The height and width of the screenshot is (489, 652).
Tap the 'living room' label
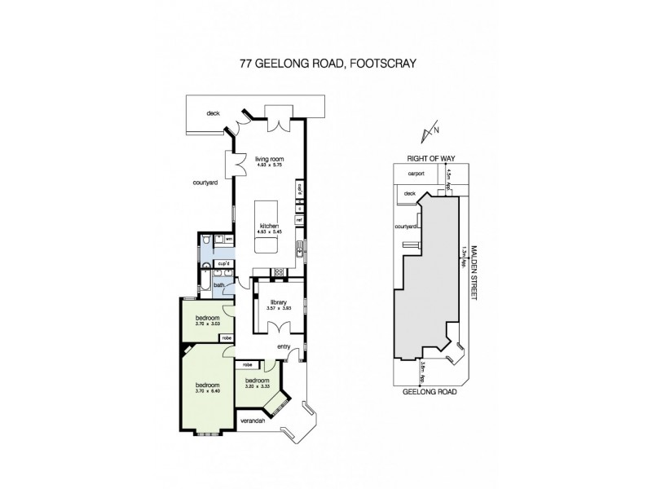(267, 159)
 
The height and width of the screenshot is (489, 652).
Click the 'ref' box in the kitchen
(299, 220)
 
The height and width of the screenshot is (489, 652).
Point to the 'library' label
(278, 302)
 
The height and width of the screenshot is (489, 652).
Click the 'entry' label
(284, 347)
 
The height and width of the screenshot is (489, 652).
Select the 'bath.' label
(219, 285)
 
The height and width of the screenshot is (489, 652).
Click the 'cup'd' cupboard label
(221, 263)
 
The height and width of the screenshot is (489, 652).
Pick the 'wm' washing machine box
(229, 239)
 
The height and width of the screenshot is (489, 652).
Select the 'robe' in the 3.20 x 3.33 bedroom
(247, 364)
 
